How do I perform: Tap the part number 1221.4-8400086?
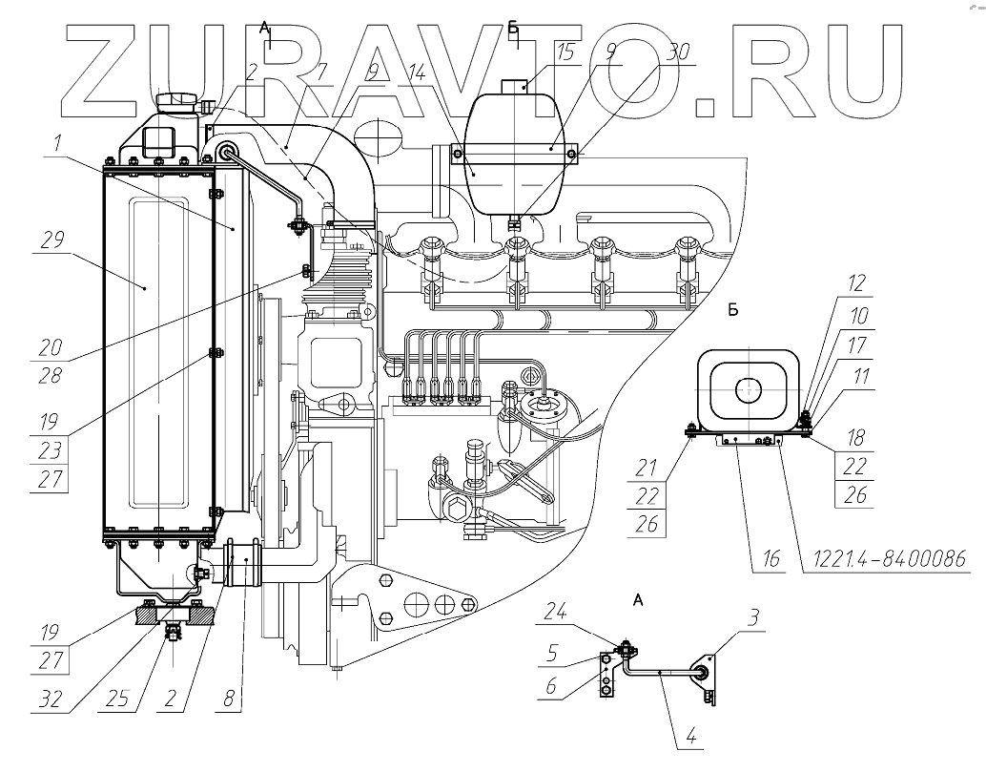tap(892, 556)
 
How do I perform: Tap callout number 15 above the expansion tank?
tap(566, 52)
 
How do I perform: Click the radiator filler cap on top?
tap(178, 100)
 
